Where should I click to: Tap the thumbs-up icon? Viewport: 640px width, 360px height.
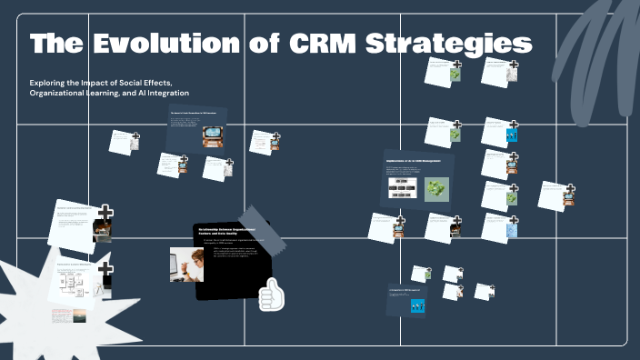(x=271, y=295)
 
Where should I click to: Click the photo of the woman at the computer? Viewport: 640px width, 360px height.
(x=186, y=264)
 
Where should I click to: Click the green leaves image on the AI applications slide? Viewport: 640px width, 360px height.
(x=439, y=188)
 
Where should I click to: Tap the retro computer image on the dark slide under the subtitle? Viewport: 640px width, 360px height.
(x=213, y=135)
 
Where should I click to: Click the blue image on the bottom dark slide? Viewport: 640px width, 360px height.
(x=420, y=307)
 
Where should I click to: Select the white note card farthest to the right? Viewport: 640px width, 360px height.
(x=554, y=195)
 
